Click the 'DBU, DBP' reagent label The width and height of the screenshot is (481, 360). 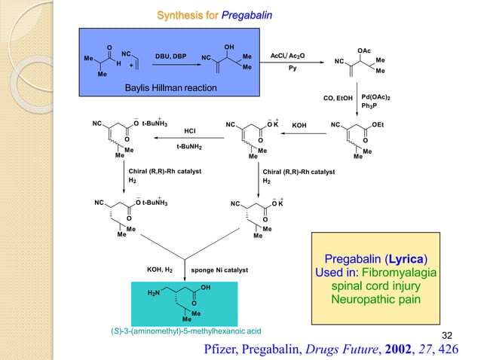[x=170, y=56]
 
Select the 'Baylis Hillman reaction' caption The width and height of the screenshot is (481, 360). [x=170, y=89]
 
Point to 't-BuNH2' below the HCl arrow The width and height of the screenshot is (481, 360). [x=189, y=147]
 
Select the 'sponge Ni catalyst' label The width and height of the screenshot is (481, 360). [x=219, y=269]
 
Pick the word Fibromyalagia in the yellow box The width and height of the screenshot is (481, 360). [x=410, y=272]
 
